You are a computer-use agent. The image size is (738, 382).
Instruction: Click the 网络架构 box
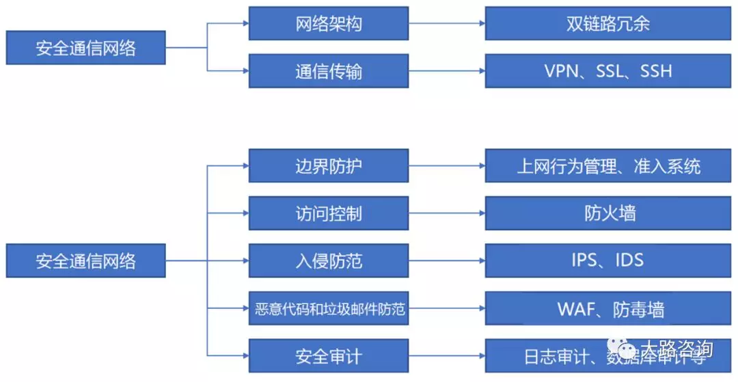328,24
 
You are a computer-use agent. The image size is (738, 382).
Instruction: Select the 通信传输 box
328,71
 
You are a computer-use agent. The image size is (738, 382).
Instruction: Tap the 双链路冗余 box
607,24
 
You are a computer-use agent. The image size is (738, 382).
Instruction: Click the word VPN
562,71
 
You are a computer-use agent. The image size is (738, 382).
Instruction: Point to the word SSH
656,71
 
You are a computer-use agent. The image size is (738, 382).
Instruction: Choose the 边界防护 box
328,166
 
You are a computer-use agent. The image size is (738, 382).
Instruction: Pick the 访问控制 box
328,213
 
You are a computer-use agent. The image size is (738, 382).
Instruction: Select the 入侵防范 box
328,260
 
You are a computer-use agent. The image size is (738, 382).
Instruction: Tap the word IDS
629,260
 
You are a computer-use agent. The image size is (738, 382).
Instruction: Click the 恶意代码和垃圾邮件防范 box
328,310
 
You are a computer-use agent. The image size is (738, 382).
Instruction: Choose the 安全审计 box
328,356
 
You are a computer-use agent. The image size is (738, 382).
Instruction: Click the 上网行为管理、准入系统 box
608,166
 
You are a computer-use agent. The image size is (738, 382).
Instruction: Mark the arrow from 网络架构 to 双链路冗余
447,24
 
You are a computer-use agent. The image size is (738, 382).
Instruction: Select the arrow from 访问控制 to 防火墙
447,213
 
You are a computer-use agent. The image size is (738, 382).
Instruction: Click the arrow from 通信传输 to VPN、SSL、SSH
447,71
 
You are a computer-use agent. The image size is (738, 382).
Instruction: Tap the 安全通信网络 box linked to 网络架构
85,48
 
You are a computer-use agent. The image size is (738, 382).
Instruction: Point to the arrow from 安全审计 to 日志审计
447,356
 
